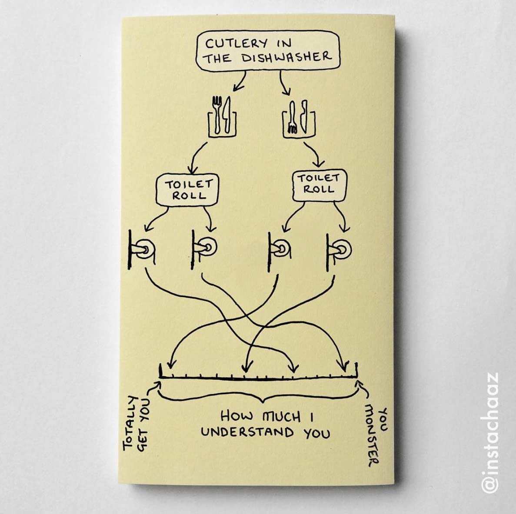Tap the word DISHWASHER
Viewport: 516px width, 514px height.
click(x=286, y=57)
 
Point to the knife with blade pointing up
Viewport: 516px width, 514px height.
click(x=226, y=115)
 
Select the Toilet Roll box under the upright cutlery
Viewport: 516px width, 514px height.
click(x=187, y=190)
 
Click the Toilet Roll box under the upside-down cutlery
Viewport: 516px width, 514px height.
click(x=320, y=185)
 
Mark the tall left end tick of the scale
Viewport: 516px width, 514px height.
click(x=160, y=371)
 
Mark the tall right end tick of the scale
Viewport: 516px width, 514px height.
click(x=356, y=370)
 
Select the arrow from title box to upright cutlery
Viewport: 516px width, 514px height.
click(x=240, y=82)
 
